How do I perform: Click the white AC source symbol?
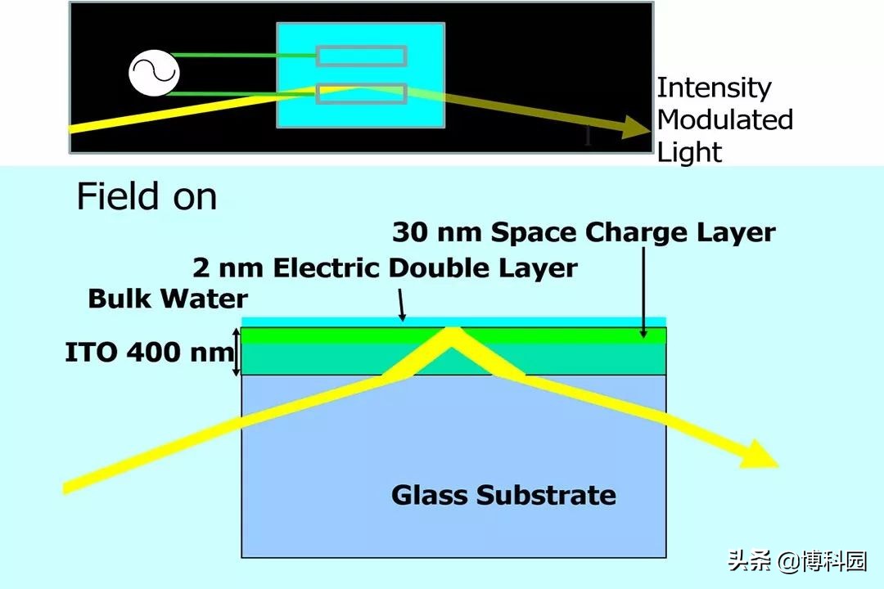tap(154, 74)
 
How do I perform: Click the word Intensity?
tap(714, 88)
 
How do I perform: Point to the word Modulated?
tap(725, 119)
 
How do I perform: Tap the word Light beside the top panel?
tap(689, 152)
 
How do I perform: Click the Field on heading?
tap(147, 196)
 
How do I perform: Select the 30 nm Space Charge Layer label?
tap(584, 232)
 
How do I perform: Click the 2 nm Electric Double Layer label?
tap(385, 268)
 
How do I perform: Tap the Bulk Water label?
tap(168, 298)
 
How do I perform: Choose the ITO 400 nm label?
tap(150, 353)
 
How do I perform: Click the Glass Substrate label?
tap(503, 495)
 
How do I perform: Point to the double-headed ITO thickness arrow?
tap(237, 352)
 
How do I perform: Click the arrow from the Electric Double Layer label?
tap(401, 305)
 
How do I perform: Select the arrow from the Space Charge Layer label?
tap(644, 293)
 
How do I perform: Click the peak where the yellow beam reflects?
tap(451, 328)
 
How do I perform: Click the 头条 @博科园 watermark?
tap(796, 561)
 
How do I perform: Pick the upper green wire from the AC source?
tap(244, 56)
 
